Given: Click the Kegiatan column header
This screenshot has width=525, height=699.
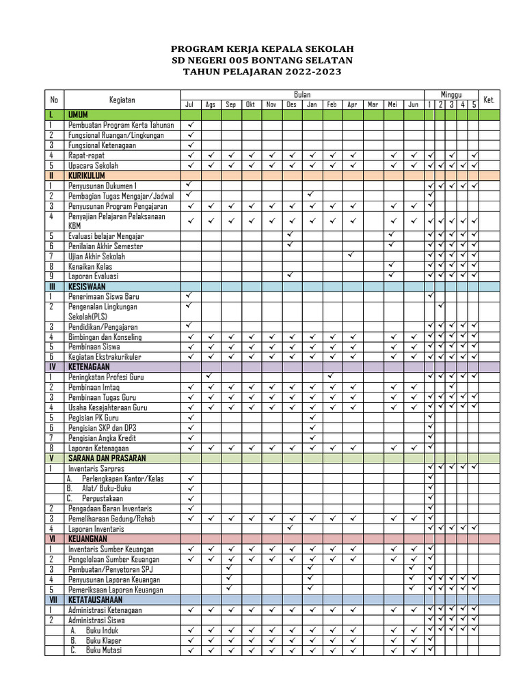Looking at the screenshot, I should point(121,100).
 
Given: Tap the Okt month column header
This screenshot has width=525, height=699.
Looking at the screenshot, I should point(250,104).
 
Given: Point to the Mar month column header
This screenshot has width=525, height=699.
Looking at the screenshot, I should point(373,104).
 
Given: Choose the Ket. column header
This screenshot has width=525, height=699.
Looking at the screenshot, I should point(489,100).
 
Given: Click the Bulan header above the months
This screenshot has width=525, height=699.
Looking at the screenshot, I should point(302,94).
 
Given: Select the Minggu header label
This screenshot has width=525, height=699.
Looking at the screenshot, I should point(451,94).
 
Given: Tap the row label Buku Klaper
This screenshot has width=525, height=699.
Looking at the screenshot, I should point(103,640).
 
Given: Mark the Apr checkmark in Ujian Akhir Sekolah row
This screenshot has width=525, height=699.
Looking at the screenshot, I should point(351,255).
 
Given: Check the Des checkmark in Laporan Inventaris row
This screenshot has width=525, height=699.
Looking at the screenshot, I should point(291,528).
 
